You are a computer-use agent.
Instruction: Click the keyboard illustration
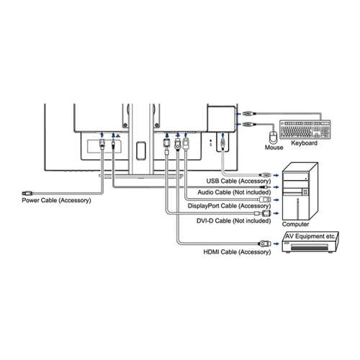click(x=305, y=129)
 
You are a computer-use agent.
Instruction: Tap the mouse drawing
click(x=273, y=137)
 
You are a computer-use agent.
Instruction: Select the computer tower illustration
click(x=300, y=191)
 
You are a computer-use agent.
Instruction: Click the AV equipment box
click(x=310, y=242)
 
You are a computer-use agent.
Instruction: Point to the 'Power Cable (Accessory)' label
click(x=56, y=200)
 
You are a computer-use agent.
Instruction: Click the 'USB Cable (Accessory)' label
click(x=238, y=181)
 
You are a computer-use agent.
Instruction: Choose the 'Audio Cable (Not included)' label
click(x=234, y=192)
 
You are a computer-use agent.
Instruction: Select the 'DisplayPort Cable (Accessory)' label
click(x=229, y=206)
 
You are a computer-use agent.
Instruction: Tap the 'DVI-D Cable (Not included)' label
click(x=234, y=220)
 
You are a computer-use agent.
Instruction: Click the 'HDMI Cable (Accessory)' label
click(x=237, y=252)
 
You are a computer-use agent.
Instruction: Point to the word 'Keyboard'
click(x=304, y=143)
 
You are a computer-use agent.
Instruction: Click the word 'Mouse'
click(x=274, y=148)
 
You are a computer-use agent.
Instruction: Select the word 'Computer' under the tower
click(x=295, y=224)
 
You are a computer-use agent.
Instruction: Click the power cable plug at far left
click(x=27, y=193)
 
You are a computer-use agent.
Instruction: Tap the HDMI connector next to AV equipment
click(x=264, y=243)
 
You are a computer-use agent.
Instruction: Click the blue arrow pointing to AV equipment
click(x=276, y=244)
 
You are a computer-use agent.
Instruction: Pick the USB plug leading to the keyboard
click(x=249, y=113)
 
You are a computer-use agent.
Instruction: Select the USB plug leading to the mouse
click(x=249, y=125)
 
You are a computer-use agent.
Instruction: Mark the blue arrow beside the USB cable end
click(x=276, y=176)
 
